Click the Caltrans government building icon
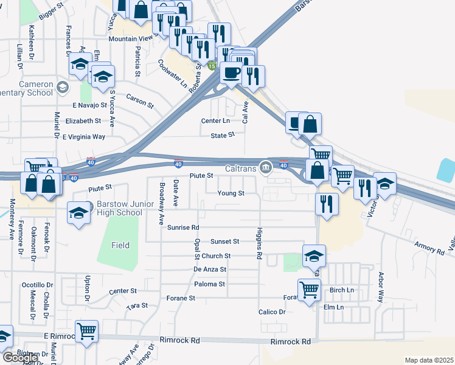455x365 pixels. [x=265, y=167]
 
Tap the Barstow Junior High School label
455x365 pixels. [x=120, y=209]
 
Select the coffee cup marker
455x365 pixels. [x=232, y=73]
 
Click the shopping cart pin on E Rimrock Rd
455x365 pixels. [x=87, y=332]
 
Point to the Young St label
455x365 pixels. [x=231, y=193]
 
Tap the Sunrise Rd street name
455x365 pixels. [x=183, y=228]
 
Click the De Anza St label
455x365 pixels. [x=210, y=269]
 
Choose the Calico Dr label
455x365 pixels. [x=272, y=312]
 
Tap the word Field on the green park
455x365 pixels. [x=120, y=245]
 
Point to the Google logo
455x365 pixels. [x=19, y=358]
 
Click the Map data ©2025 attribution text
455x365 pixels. [x=429, y=360]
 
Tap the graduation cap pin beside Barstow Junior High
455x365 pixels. [x=78, y=214]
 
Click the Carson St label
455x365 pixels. [x=140, y=100]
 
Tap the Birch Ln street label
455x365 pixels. [x=341, y=290]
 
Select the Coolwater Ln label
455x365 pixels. [x=173, y=74]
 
